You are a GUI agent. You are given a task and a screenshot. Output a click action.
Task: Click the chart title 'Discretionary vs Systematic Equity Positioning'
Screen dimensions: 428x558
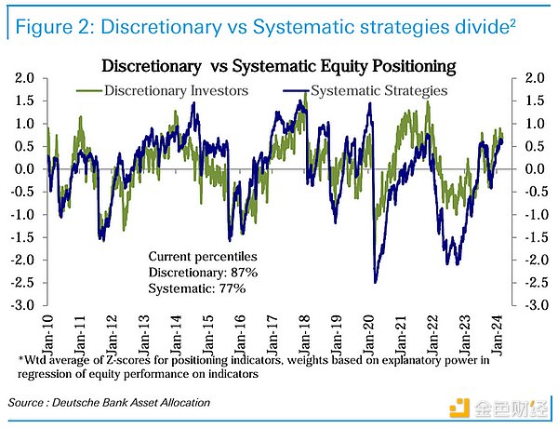pyautogui.click(x=278, y=66)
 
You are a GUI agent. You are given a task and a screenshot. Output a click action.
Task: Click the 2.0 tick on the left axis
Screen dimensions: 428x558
pyautogui.click(x=24, y=78)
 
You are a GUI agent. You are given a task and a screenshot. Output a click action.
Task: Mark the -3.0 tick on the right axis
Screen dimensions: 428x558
pyautogui.click(x=532, y=305)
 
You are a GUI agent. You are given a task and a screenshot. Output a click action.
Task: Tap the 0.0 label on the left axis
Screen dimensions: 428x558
pyautogui.click(x=24, y=169)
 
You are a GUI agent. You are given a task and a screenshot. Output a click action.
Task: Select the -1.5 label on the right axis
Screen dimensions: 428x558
pyautogui.click(x=532, y=237)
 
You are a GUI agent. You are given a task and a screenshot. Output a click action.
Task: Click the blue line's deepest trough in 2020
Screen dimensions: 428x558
pyautogui.click(x=375, y=281)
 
